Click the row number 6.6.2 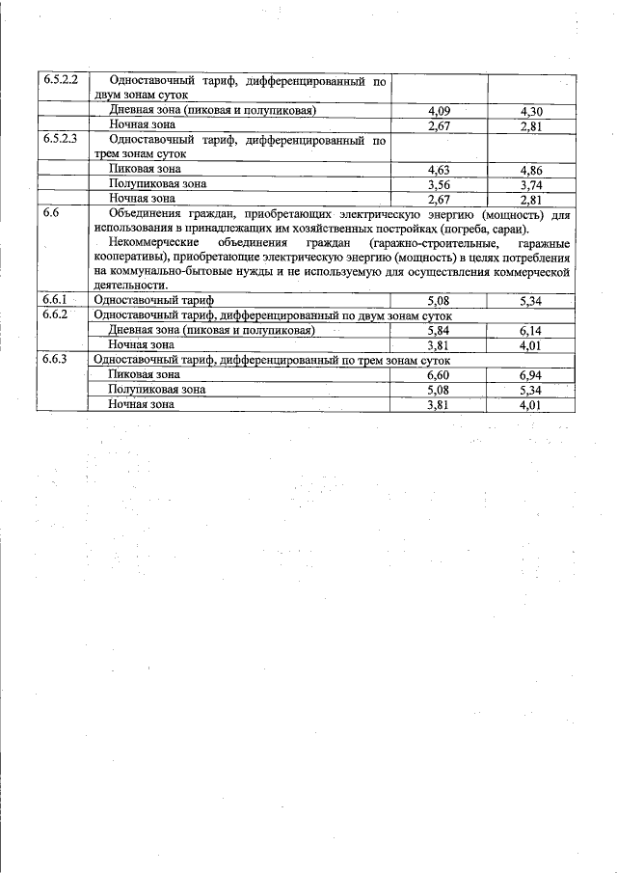[x=59, y=314]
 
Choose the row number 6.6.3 [x=59, y=359]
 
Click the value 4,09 [x=439, y=110]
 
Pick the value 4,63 [x=439, y=169]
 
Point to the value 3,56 [x=439, y=183]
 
